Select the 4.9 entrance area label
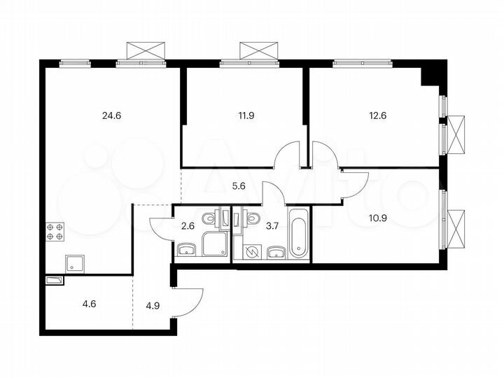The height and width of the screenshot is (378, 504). pyautogui.click(x=151, y=305)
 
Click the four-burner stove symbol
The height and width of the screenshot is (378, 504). pyautogui.click(x=55, y=232)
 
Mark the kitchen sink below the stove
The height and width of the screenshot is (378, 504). pyautogui.click(x=75, y=264)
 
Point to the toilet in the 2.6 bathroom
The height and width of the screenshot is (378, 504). pyautogui.click(x=210, y=220)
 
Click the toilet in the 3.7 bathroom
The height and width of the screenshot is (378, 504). pyautogui.click(x=253, y=220)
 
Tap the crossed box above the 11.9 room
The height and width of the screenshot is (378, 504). pyautogui.click(x=259, y=50)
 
